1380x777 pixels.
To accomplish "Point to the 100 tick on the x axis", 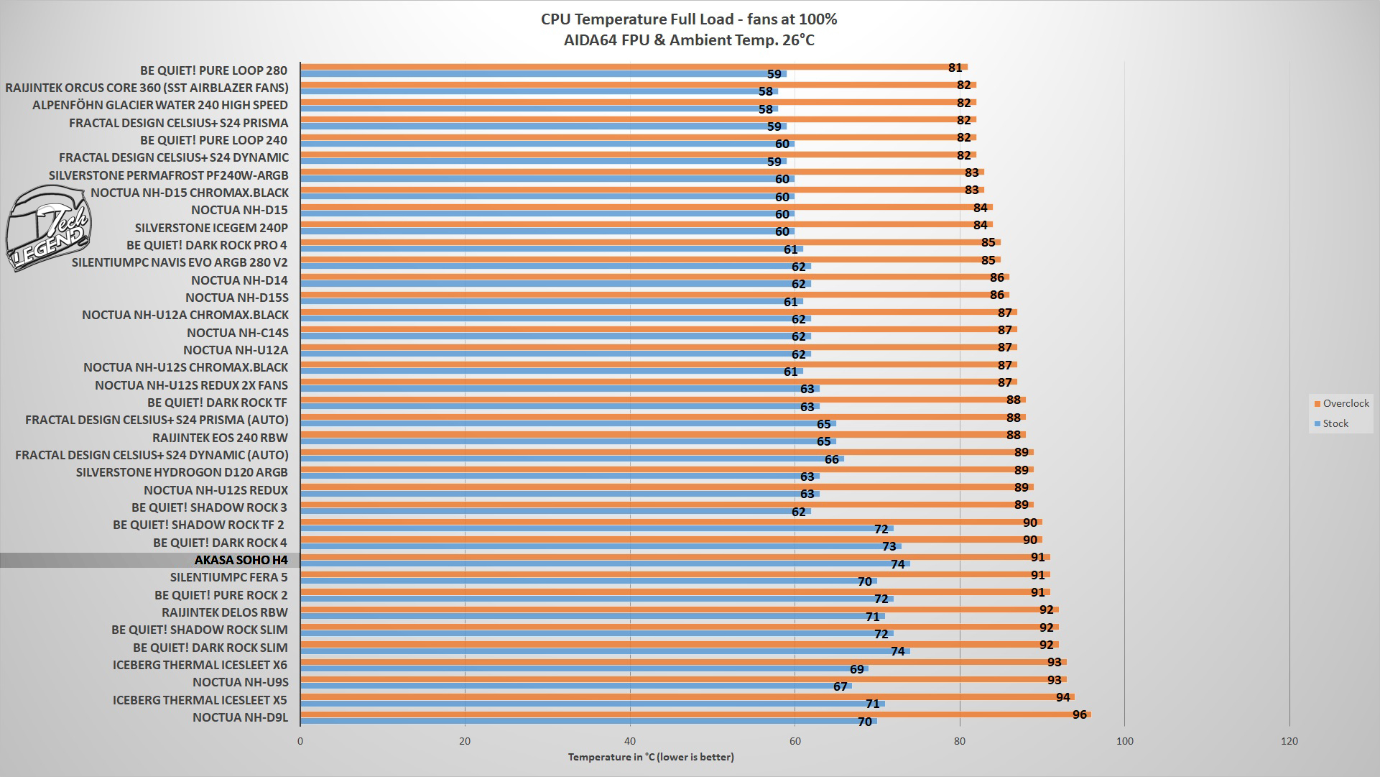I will (x=1125, y=741).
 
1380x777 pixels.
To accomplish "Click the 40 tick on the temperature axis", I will (x=630, y=741).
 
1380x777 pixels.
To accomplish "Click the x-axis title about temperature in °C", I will (x=651, y=757).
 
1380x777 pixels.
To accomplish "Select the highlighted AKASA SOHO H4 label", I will (x=241, y=560).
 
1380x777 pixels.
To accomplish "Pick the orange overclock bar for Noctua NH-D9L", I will (x=695, y=714).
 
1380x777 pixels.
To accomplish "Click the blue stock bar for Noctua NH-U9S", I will (x=575, y=686).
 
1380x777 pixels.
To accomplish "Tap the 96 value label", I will (x=1079, y=714).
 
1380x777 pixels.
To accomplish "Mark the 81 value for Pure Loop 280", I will (x=955, y=68).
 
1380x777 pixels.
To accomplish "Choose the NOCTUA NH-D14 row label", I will (x=239, y=280).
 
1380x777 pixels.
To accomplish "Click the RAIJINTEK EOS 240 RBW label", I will (x=220, y=438).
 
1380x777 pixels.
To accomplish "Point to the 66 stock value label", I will (x=831, y=459).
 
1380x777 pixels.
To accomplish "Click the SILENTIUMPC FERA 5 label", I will (x=228, y=577).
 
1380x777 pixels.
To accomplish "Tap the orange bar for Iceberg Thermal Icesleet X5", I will (x=687, y=696).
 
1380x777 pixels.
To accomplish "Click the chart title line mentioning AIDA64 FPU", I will (x=689, y=40).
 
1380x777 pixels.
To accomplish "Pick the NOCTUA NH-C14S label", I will (x=237, y=333).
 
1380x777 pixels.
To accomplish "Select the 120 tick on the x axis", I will (x=1289, y=741).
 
